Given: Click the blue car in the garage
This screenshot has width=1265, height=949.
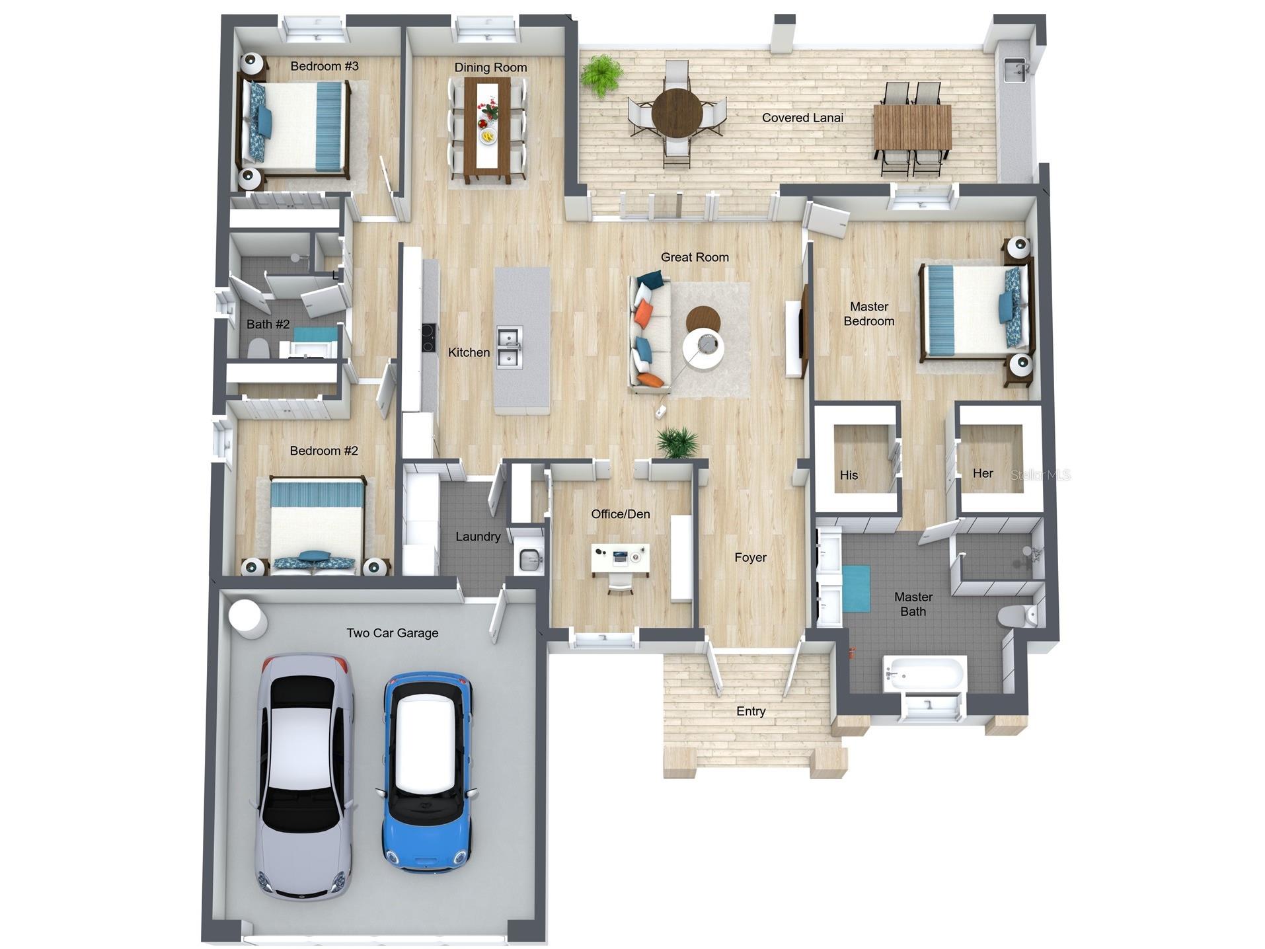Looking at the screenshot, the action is point(426,772).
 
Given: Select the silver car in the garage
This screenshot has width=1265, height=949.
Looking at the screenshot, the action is point(304,777).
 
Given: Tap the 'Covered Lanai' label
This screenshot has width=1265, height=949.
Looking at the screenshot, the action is point(802,118).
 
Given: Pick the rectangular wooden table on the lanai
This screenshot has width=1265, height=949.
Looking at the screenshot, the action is point(912,127).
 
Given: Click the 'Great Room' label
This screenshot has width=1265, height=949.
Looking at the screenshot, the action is point(695,257).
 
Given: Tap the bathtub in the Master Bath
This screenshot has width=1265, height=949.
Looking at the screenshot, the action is point(925,674).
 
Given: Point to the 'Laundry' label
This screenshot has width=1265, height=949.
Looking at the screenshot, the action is point(477,537).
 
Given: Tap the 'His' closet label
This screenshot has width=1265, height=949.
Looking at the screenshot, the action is point(849,475).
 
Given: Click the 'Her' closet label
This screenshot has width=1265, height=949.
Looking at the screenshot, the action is point(983,473).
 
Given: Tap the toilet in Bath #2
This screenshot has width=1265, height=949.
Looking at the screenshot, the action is point(258,348).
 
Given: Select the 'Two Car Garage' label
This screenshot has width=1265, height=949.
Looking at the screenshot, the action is point(392,633).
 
